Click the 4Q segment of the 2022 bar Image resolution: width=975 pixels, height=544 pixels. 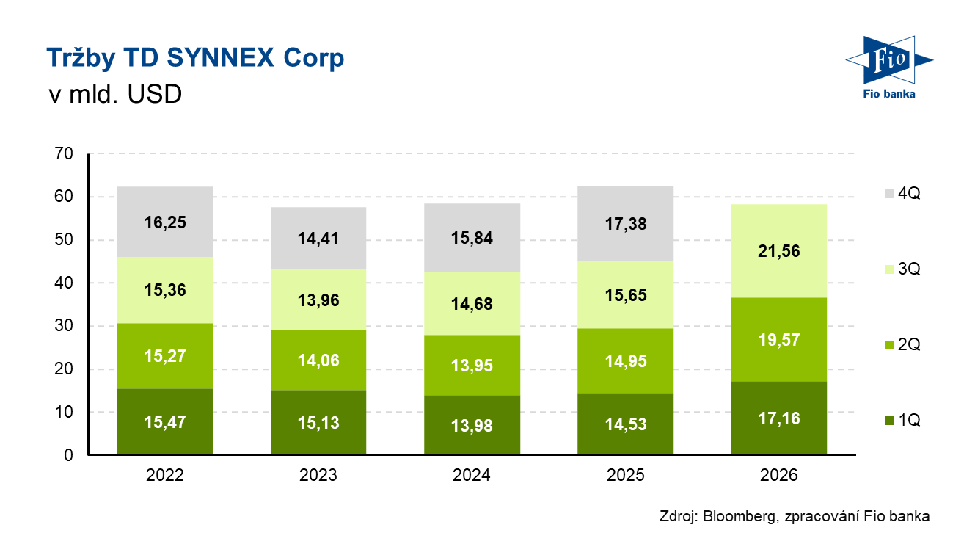pos(164,222)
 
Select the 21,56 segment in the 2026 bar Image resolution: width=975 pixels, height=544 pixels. pos(778,251)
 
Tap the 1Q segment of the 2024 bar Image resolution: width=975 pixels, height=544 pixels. pos(472,425)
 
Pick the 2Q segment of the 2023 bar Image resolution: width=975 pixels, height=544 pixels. pos(318,360)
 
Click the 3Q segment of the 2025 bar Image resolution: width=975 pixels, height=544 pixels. pos(626,294)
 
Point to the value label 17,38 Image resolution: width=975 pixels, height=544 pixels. pos(626,224)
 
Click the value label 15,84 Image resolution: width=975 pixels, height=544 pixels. pos(472,238)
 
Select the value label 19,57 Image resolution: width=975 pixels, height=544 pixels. pos(778,340)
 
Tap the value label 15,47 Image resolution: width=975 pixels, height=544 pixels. pos(164,422)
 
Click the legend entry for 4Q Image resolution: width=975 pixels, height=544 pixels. pos(903,193)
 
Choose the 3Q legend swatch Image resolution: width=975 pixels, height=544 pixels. pos(890,269)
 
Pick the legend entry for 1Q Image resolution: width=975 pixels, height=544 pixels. pos(903,421)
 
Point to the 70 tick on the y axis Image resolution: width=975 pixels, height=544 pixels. pos(64,153)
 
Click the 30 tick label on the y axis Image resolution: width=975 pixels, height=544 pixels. pos(64,325)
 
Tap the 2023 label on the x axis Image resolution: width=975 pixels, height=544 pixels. pos(318,475)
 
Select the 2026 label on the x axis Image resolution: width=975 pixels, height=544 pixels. pos(778,475)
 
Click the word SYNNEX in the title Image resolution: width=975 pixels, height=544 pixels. pos(220,57)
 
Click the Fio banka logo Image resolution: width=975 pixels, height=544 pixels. pos(889,68)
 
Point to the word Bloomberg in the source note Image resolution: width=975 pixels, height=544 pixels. pos(740,516)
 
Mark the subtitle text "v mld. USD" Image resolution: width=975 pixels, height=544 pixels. pos(115,94)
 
